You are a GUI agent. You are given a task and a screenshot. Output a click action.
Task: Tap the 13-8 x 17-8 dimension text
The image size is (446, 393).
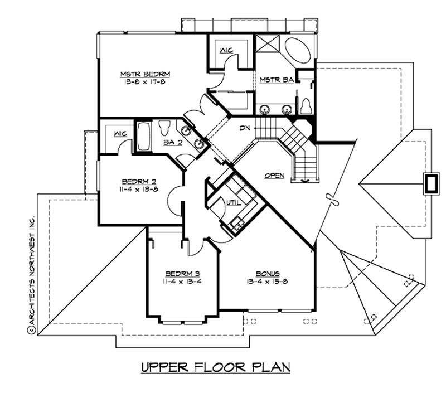click(x=145, y=82)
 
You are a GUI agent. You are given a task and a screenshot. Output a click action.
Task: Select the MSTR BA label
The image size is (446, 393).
click(x=277, y=80)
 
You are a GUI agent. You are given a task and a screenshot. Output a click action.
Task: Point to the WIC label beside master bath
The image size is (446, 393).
click(x=226, y=51)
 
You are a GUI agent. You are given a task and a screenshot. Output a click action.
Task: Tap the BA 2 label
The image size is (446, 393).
click(x=170, y=143)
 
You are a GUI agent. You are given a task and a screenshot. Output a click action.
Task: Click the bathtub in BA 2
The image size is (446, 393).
click(x=143, y=137)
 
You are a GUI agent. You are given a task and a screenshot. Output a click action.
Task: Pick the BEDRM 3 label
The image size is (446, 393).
click(x=182, y=273)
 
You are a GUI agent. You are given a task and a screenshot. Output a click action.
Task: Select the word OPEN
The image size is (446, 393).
click(x=274, y=176)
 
